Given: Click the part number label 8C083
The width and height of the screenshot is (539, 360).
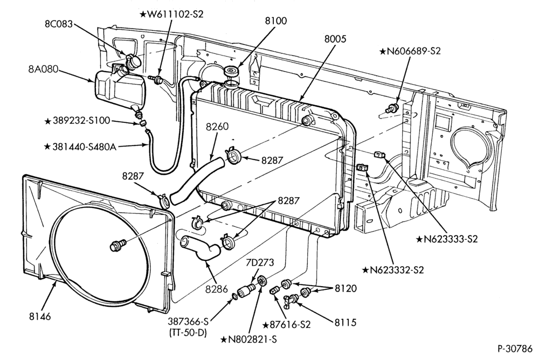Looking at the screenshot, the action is [x=58, y=24].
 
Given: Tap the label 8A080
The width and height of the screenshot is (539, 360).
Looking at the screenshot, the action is [x=43, y=69].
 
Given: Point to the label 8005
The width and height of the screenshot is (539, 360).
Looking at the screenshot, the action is [x=335, y=39].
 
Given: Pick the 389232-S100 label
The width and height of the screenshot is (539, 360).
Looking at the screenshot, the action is [x=77, y=121].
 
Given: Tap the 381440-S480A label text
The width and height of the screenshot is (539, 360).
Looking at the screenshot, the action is [x=81, y=147].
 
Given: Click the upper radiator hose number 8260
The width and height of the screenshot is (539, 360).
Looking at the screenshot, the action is [x=217, y=127].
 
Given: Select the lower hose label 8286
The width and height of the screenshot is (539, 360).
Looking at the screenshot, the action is [x=217, y=289].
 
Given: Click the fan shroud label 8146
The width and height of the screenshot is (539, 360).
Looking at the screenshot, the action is [x=40, y=316].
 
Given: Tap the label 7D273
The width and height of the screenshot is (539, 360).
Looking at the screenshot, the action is [x=260, y=262].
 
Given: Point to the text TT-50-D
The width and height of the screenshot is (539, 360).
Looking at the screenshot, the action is [x=188, y=333].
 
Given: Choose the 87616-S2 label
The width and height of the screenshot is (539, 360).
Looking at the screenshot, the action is [x=286, y=324].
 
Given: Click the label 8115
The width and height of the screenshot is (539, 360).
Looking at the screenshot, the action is [x=345, y=322].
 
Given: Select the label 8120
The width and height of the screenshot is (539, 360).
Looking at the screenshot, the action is [x=346, y=288].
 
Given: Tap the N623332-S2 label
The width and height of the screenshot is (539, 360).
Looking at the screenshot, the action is [x=393, y=270].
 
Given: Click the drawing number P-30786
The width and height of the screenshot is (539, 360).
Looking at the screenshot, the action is [x=515, y=348].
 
